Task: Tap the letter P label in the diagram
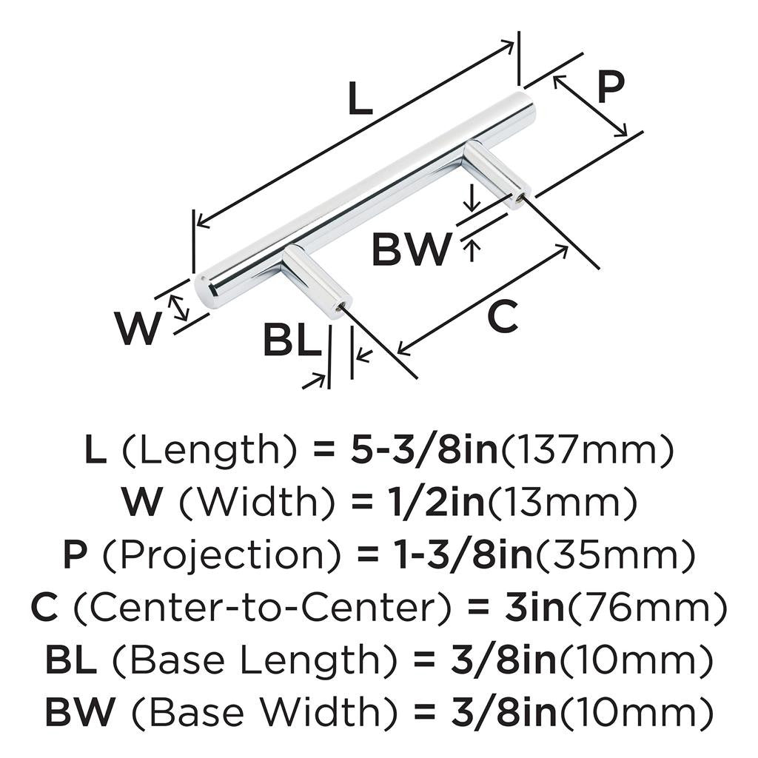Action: point(610,88)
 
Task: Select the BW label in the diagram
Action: point(411,249)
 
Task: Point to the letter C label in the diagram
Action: point(502,318)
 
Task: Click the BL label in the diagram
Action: point(292,343)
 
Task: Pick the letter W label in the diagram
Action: point(137,329)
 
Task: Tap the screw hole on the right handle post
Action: point(520,197)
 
